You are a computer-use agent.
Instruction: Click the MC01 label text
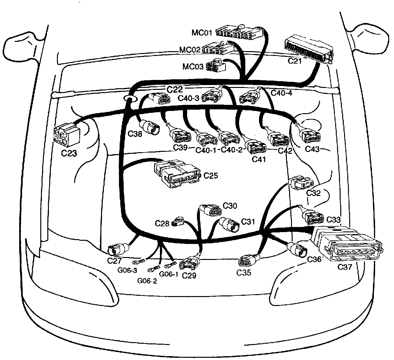[x=202, y=33]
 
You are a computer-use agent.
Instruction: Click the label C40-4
[x=281, y=93]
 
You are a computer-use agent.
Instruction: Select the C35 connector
[x=248, y=261]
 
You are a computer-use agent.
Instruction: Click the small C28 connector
[x=178, y=221]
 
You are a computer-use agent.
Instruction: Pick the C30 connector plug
[x=211, y=211]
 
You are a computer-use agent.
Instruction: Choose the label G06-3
[x=127, y=270]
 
